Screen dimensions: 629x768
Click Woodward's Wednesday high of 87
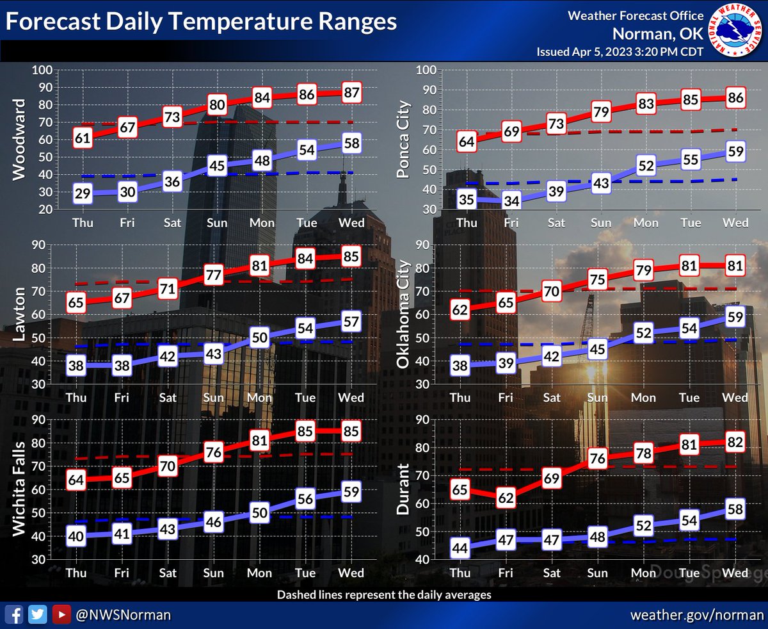[351, 92]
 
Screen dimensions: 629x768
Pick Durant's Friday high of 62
[506, 497]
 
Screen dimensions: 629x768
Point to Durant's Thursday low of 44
[460, 548]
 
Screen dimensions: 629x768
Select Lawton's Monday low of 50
[259, 338]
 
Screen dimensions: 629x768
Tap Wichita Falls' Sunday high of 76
[213, 452]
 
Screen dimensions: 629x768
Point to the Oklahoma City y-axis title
[404, 314]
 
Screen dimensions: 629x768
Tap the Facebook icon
[17, 614]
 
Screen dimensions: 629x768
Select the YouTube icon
[61, 614]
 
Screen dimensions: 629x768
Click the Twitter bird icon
[39, 614]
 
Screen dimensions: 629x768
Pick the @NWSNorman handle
[123, 614]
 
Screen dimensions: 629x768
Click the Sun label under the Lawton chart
[213, 398]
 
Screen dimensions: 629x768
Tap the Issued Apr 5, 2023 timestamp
[620, 52]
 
